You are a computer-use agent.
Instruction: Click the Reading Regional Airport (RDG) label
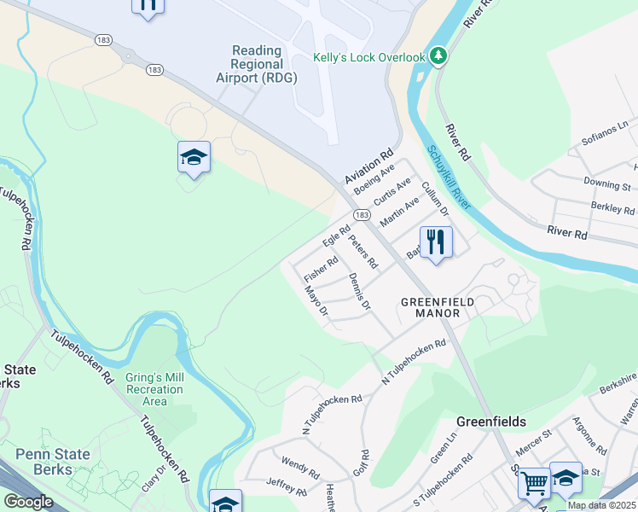click(x=257, y=64)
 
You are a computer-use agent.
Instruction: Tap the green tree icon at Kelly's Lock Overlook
click(x=438, y=56)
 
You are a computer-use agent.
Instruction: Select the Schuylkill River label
click(x=449, y=180)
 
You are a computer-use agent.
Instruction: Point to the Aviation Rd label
click(x=369, y=167)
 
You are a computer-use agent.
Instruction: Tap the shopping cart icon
click(x=534, y=483)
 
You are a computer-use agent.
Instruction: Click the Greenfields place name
click(x=490, y=422)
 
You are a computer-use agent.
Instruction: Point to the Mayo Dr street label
click(x=316, y=301)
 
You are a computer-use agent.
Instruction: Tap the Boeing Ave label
click(x=374, y=180)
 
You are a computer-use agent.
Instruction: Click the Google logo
click(x=28, y=502)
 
